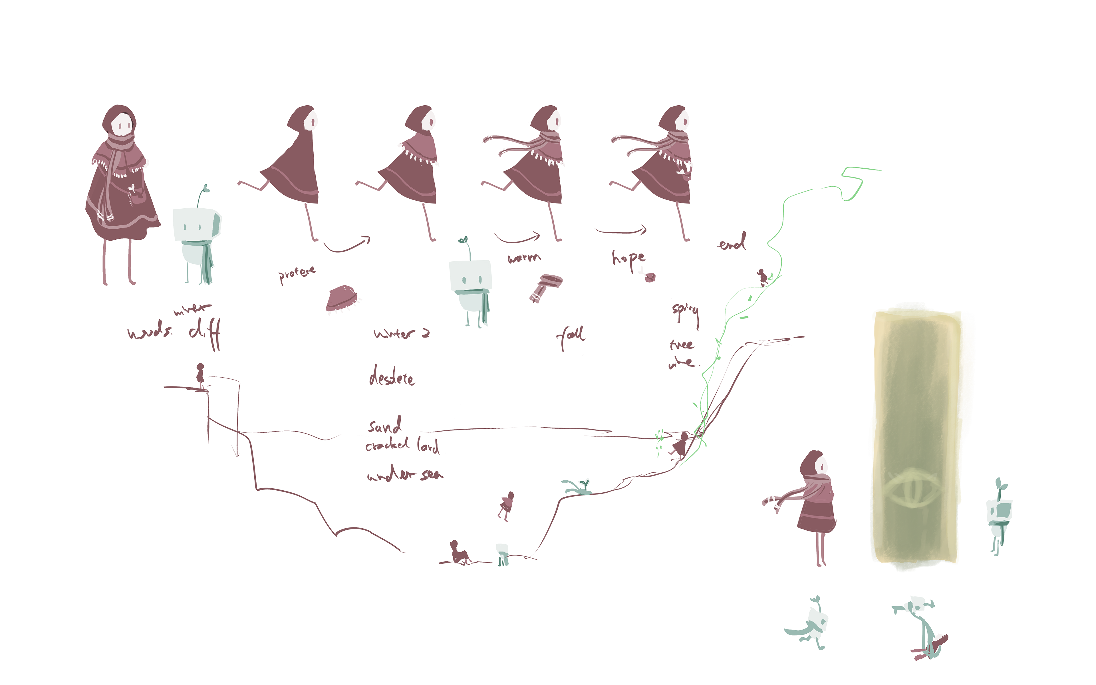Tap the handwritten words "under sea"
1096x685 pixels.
coord(405,474)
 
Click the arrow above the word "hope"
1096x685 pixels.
coord(620,231)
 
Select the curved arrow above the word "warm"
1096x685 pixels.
coord(518,237)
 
